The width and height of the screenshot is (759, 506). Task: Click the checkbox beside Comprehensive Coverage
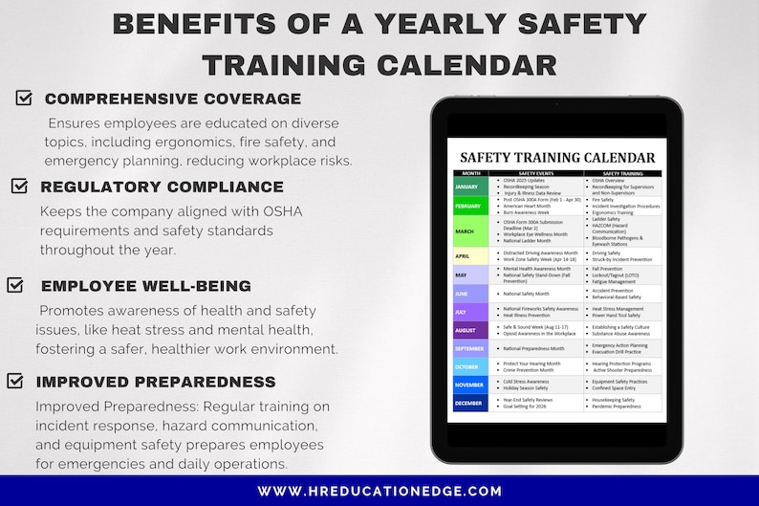(x=24, y=98)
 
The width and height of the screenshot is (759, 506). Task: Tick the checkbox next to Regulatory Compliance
(x=19, y=186)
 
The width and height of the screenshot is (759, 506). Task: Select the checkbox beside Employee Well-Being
(x=15, y=285)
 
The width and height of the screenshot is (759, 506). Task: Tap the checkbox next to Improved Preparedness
(x=15, y=381)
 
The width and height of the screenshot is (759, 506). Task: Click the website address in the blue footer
(x=379, y=491)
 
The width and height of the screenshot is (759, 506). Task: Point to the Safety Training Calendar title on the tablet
(x=557, y=158)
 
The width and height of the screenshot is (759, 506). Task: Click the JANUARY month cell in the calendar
(x=469, y=186)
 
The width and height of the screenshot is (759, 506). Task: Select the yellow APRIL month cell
(x=469, y=256)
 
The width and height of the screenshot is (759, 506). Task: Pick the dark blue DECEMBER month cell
(x=469, y=403)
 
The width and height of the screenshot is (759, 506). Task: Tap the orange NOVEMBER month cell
(x=469, y=385)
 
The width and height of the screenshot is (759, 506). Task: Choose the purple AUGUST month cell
(x=469, y=330)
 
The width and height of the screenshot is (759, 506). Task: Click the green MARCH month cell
(x=469, y=231)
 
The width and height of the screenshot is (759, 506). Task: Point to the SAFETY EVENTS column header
(x=535, y=173)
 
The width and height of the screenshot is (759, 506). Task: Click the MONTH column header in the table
(x=469, y=173)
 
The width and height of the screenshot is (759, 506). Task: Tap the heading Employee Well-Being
(x=146, y=286)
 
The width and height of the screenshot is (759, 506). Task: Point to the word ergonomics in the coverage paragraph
(x=194, y=143)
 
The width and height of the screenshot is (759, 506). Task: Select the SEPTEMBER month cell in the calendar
(x=469, y=348)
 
